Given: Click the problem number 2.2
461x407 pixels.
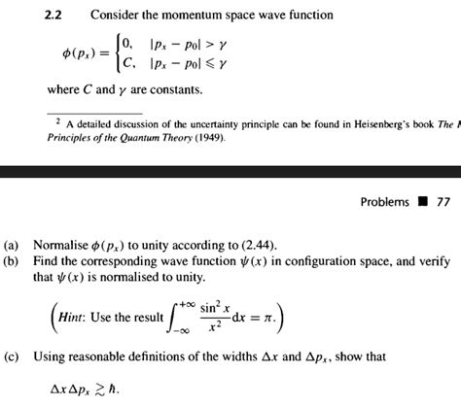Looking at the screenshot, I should tap(57, 15).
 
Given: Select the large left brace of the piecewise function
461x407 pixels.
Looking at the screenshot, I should tap(118, 53).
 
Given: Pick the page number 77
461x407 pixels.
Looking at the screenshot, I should tap(443, 203).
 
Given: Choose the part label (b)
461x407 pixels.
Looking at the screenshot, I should tap(13, 263).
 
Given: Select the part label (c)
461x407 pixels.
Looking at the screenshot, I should tap(13, 356).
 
